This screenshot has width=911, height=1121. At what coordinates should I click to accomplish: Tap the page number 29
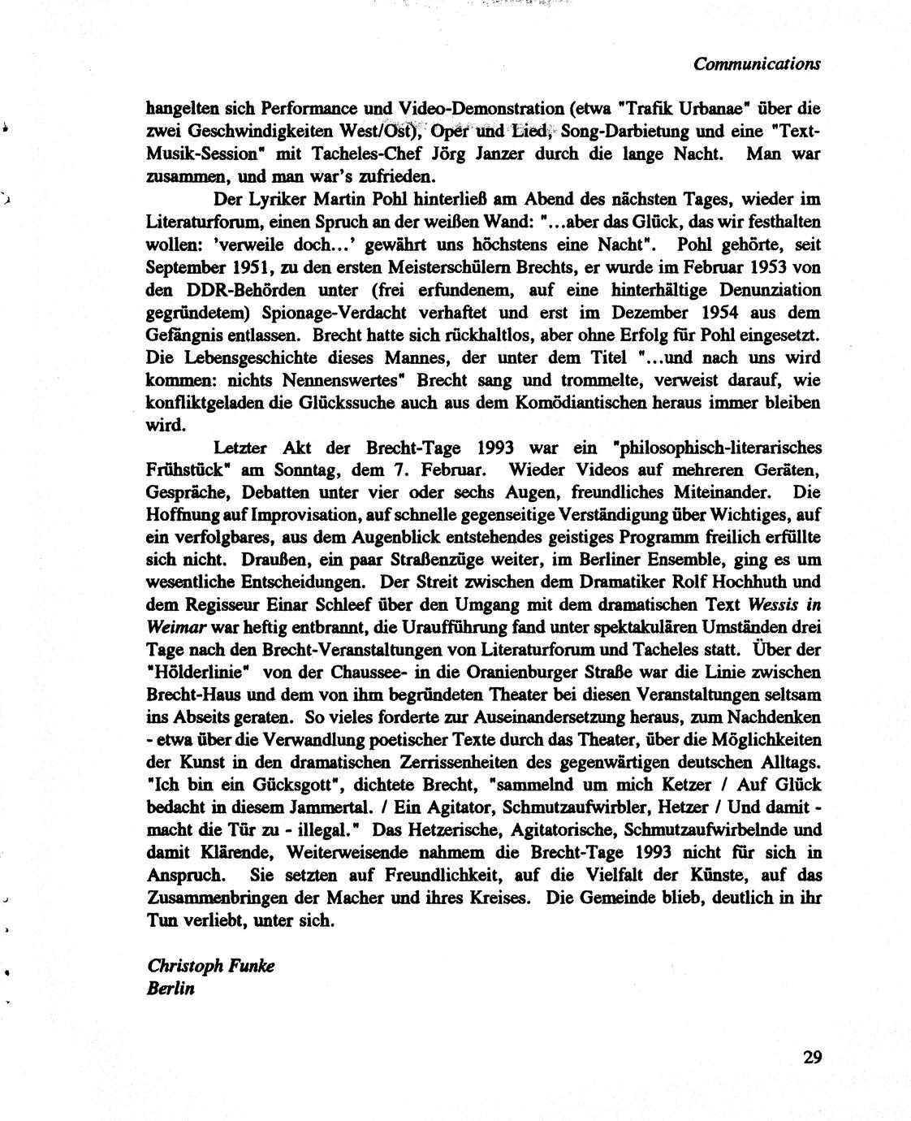click(x=812, y=1058)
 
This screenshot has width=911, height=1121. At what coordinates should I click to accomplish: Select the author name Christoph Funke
click(x=211, y=966)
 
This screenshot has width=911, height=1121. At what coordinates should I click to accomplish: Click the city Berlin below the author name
click(x=171, y=989)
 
